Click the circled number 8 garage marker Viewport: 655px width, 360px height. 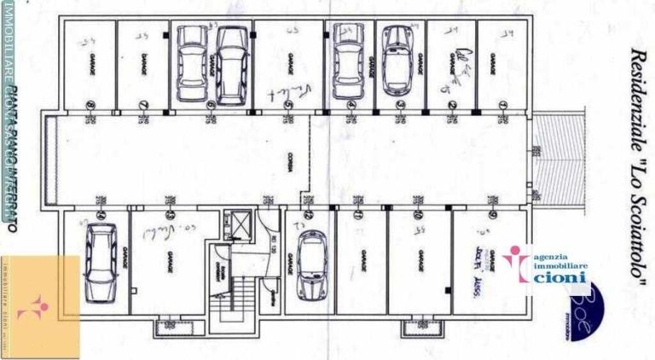click(x=90, y=106)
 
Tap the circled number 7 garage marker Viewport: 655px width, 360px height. click(x=142, y=106)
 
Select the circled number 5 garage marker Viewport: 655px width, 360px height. click(x=289, y=106)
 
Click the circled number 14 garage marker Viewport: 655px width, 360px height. click(x=100, y=216)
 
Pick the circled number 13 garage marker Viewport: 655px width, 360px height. click(x=170, y=216)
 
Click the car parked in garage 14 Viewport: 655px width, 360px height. click(x=101, y=257)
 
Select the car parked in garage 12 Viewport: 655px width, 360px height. click(x=311, y=265)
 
